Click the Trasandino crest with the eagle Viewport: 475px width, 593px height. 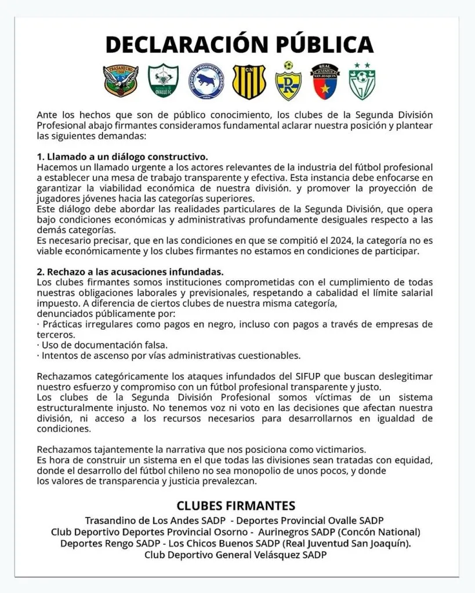click(121, 80)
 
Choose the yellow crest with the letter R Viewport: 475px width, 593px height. click(288, 81)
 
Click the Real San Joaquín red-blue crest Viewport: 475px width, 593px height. click(325, 80)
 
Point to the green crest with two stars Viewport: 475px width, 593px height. click(362, 81)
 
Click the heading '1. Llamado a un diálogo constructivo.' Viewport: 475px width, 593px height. click(122, 158)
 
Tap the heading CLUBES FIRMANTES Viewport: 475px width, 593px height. click(236, 505)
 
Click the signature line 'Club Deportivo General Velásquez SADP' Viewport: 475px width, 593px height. click(235, 555)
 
